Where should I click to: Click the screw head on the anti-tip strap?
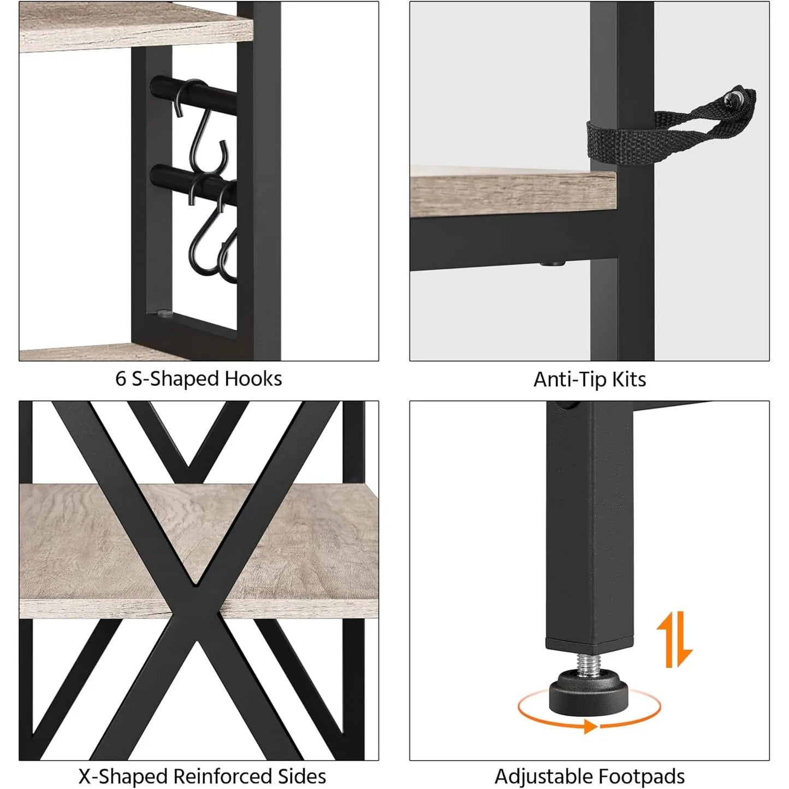(x=732, y=99)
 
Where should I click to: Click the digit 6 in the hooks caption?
(x=120, y=379)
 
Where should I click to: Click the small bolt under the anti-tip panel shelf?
(x=551, y=263)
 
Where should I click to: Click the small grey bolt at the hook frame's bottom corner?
(x=164, y=313)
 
